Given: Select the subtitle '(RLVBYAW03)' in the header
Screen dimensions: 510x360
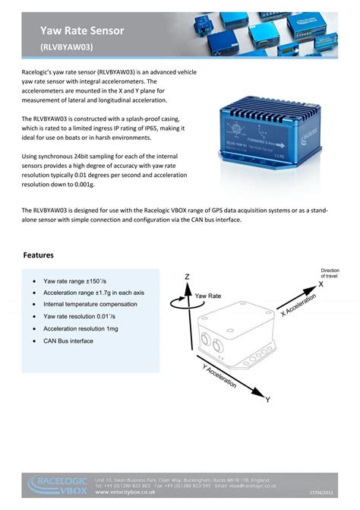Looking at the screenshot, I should click(67, 46).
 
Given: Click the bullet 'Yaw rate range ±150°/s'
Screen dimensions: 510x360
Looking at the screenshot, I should click(84, 280).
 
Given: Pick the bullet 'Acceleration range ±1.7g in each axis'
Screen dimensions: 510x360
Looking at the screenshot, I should click(99, 293).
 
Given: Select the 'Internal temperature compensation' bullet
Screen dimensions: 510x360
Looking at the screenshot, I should click(94, 304).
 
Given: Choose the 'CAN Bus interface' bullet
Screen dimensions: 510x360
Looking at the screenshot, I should click(68, 341).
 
